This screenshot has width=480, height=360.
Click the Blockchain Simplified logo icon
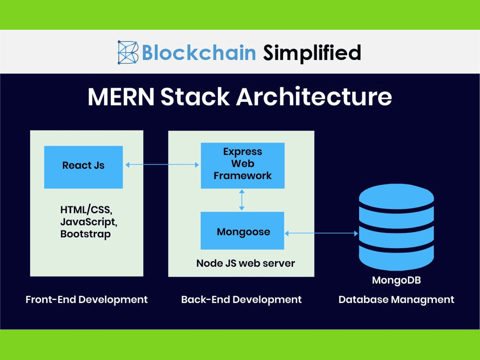[128, 52]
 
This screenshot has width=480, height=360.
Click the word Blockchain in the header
[199, 52]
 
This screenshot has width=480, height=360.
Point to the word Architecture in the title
[313, 97]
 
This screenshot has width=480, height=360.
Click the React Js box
[84, 166]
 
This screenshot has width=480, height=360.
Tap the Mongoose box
[242, 231]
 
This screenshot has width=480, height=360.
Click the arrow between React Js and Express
[162, 165]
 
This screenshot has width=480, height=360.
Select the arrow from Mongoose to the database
[321, 233]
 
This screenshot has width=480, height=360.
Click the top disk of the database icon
[396, 195]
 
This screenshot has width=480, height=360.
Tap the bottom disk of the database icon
[396, 258]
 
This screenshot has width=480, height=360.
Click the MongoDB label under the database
[396, 280]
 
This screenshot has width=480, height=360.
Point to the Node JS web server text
[245, 264]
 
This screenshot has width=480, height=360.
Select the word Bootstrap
[85, 234]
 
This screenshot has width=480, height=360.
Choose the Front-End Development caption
[86, 300]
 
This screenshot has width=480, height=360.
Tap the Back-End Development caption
[241, 300]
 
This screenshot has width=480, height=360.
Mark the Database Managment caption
[396, 300]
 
